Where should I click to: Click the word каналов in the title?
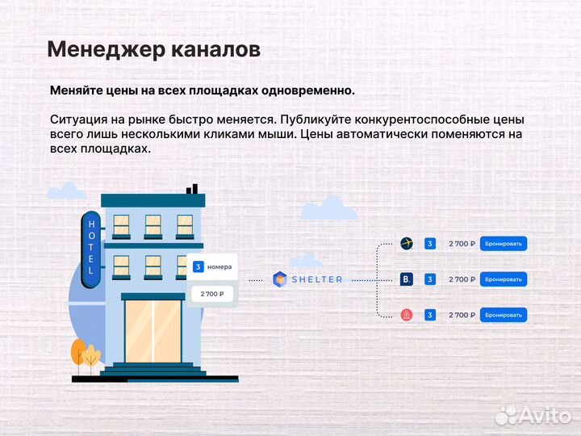point(217,49)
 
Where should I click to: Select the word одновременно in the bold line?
point(311,90)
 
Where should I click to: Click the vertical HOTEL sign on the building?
point(91,246)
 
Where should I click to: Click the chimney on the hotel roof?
point(192,189)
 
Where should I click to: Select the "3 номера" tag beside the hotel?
point(213,266)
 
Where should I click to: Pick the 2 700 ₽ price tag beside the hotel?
point(212,294)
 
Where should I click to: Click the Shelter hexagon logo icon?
point(280,279)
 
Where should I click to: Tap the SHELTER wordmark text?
point(316,279)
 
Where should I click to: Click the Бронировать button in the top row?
point(504,243)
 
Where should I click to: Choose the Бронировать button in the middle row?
point(504,279)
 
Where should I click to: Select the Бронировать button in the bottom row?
point(504,315)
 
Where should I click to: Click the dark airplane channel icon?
point(407,243)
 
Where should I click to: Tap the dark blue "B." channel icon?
point(407,279)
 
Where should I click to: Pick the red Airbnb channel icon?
point(407,315)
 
